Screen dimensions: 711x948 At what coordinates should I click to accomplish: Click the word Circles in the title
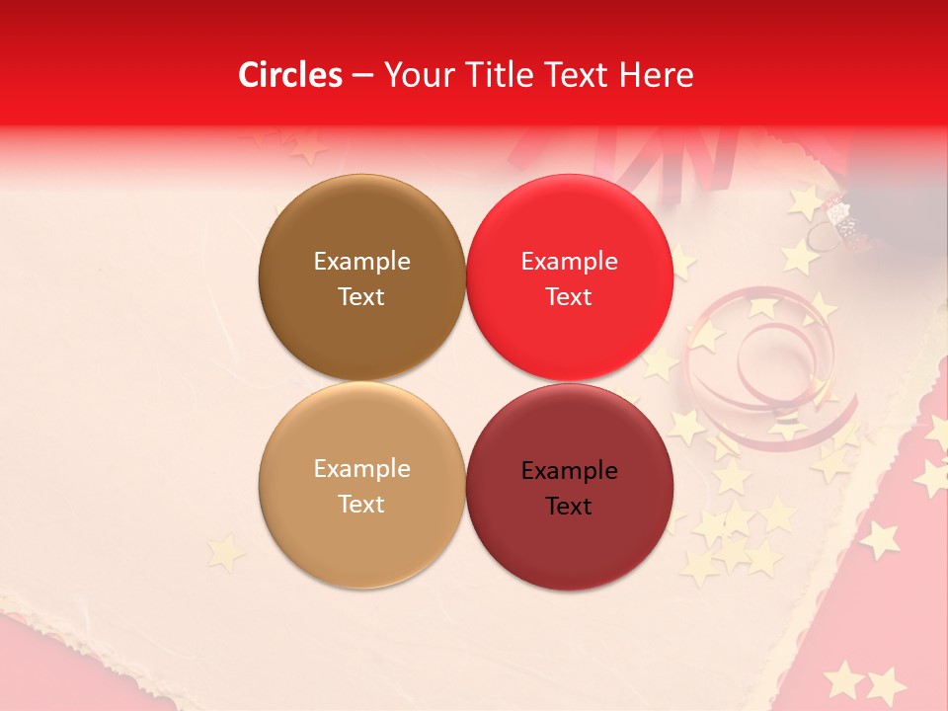[289, 75]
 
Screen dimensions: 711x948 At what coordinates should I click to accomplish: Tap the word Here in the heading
[656, 75]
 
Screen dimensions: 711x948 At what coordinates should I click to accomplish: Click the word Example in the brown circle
[361, 261]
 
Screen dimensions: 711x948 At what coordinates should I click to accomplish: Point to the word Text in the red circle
[569, 296]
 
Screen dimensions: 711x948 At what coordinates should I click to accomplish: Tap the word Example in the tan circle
[361, 468]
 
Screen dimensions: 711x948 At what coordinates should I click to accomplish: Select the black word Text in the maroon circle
[569, 506]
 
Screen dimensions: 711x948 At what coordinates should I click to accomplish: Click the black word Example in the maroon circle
[569, 470]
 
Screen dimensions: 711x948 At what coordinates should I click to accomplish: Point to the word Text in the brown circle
[361, 296]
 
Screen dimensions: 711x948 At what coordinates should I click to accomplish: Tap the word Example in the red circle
[569, 261]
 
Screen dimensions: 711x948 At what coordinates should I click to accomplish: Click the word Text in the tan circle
[361, 504]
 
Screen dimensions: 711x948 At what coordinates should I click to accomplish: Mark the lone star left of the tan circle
[226, 552]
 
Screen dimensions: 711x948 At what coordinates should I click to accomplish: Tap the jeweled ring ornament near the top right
[835, 220]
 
